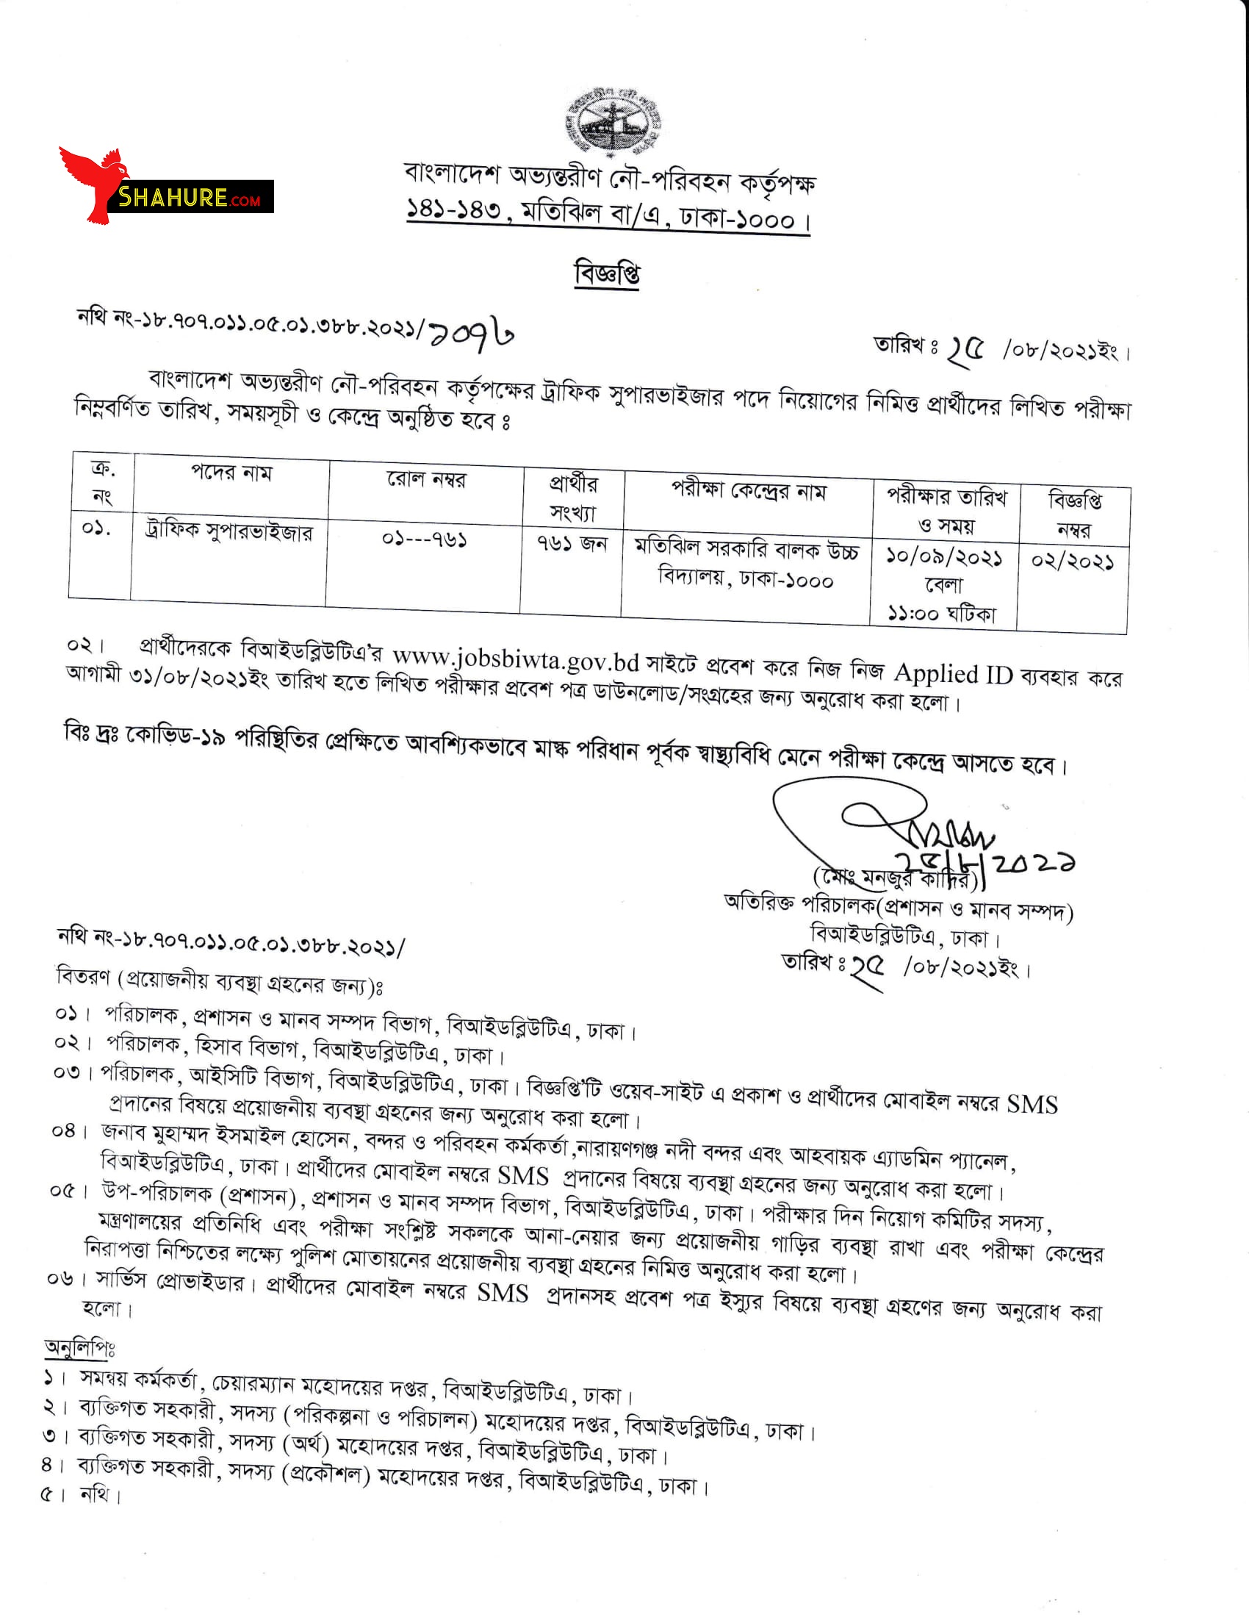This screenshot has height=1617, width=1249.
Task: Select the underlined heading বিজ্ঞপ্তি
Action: click(x=607, y=273)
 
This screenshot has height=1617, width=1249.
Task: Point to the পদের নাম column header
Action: click(x=231, y=474)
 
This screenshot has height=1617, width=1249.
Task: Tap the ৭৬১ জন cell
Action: click(x=572, y=544)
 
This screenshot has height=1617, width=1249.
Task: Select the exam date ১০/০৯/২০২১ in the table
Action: click(x=944, y=557)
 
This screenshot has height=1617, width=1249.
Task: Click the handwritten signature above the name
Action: click(x=910, y=825)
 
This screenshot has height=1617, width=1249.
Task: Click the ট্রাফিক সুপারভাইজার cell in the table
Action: click(x=229, y=533)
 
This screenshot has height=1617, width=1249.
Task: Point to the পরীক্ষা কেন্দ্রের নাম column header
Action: click(x=748, y=491)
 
